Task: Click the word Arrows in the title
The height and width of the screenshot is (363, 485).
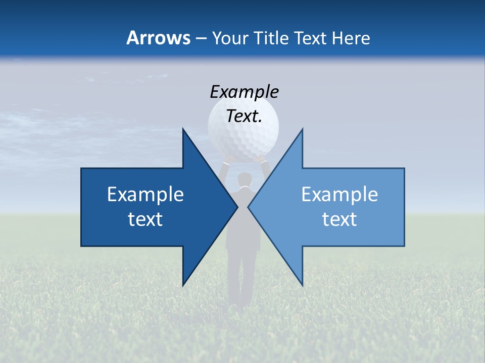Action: [158, 38]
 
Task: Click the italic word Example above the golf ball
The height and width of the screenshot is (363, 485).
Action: [244, 92]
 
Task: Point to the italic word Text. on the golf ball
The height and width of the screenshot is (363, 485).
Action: [244, 116]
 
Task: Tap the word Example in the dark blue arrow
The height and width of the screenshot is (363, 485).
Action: [145, 195]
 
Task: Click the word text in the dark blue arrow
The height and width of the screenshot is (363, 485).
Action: [145, 219]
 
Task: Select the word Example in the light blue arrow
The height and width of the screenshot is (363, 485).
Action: [339, 195]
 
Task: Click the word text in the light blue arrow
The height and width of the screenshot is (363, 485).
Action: [339, 219]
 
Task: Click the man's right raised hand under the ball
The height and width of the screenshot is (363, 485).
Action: [260, 159]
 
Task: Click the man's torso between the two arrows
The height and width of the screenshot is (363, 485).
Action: [243, 217]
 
